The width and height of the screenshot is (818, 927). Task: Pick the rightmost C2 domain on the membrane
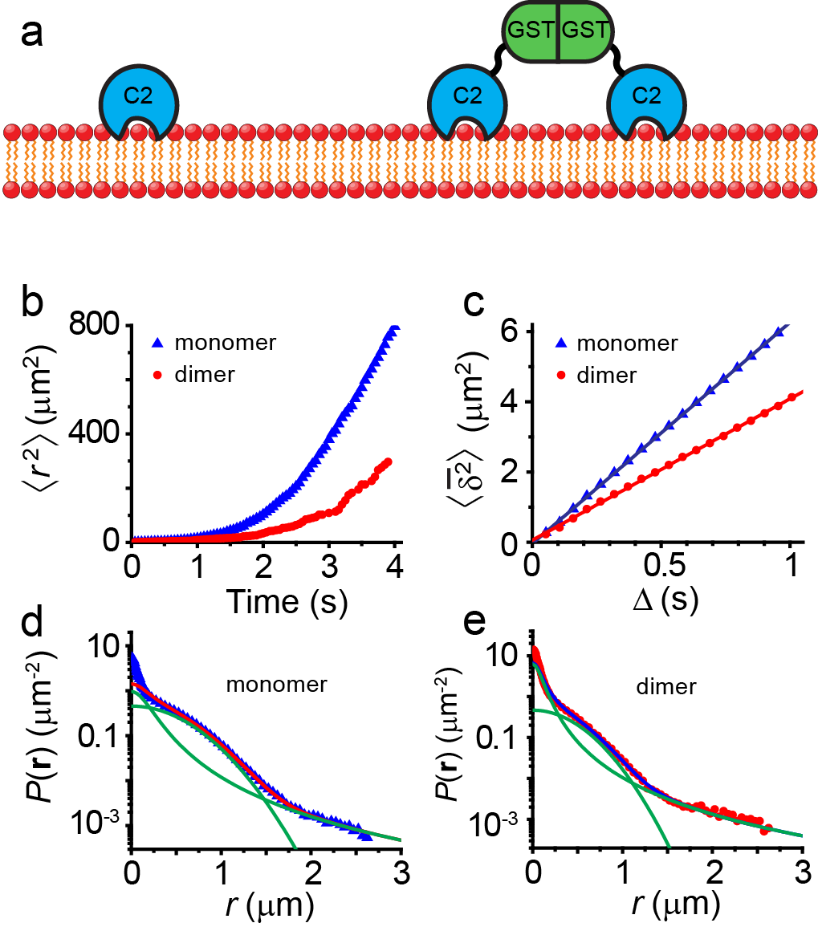[646, 96]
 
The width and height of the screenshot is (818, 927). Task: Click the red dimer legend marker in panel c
[561, 375]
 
